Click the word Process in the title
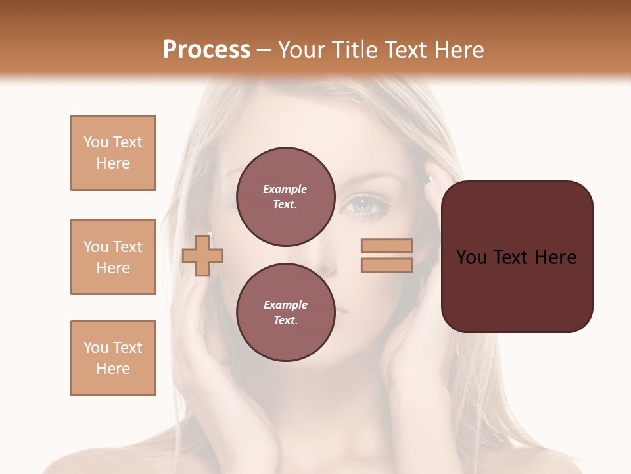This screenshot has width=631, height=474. pyautogui.click(x=206, y=50)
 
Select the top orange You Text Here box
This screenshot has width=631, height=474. pyautogui.click(x=113, y=153)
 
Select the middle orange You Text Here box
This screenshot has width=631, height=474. pyautogui.click(x=113, y=257)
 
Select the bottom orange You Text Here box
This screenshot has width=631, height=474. pyautogui.click(x=113, y=358)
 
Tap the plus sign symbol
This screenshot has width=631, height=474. pyautogui.click(x=202, y=255)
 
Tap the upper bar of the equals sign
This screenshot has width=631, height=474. pyautogui.click(x=386, y=246)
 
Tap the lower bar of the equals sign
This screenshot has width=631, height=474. pyautogui.click(x=386, y=265)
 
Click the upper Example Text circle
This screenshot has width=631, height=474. pyautogui.click(x=285, y=196)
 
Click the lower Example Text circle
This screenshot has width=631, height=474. pyautogui.click(x=285, y=312)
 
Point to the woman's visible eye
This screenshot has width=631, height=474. pyautogui.click(x=363, y=205)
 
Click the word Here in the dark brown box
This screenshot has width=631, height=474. pyautogui.click(x=555, y=257)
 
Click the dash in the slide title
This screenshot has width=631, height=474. pyautogui.click(x=264, y=51)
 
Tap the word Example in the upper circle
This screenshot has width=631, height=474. pyautogui.click(x=285, y=189)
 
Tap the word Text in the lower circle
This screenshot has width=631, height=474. pyautogui.click(x=285, y=320)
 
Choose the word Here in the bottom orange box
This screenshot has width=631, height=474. pyautogui.click(x=113, y=369)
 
